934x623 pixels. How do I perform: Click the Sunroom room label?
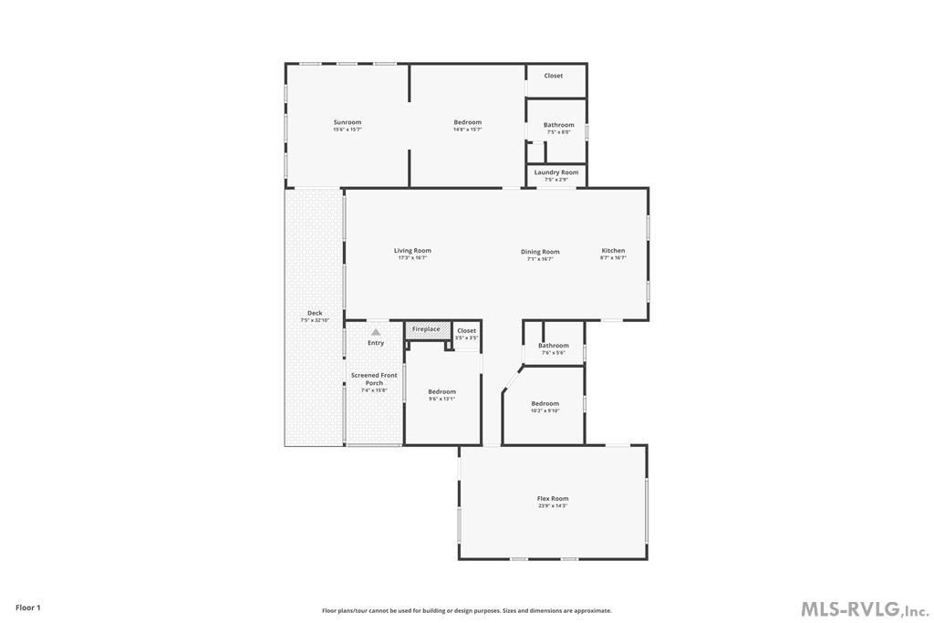(347, 122)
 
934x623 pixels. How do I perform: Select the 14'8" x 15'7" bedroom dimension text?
(467, 130)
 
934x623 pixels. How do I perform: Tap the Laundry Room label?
(556, 172)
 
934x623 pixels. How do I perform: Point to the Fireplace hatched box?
(425, 329)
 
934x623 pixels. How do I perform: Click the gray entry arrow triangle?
(376, 332)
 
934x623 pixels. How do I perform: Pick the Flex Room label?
(553, 499)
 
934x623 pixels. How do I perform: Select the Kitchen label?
(613, 251)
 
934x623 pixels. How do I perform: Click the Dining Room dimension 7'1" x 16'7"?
(540, 259)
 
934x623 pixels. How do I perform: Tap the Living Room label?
(412, 251)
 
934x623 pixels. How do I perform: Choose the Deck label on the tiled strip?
(315, 313)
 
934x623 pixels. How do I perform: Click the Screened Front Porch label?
(374, 379)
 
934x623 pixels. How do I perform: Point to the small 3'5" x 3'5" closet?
(466, 334)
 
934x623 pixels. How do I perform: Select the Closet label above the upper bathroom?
(554, 76)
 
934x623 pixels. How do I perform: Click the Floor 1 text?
(28, 607)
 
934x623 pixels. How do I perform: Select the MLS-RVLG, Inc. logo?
(864, 608)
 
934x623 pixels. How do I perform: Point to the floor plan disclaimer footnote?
(466, 611)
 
